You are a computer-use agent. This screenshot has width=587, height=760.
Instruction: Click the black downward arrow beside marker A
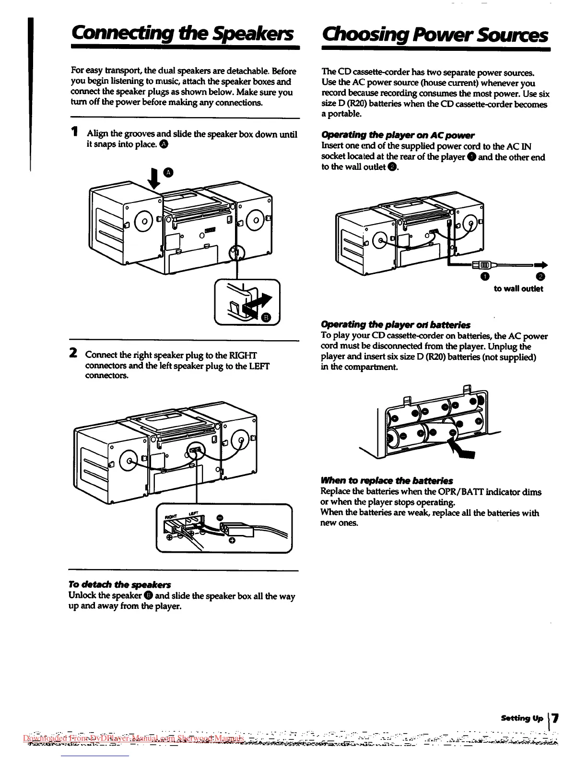point(154,178)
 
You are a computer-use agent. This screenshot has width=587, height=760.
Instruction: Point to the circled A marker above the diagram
point(167,172)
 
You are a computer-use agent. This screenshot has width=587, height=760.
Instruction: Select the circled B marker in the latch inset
point(267,317)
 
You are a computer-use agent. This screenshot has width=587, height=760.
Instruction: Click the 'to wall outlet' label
point(518,289)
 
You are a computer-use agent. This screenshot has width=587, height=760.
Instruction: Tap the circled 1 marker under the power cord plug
point(485,276)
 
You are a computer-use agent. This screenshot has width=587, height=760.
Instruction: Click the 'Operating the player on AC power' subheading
point(398,135)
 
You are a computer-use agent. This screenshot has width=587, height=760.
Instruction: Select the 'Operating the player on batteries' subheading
point(396,325)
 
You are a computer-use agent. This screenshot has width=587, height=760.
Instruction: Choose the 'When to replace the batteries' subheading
point(387,481)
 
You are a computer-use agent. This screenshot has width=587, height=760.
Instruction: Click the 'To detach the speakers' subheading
point(119,584)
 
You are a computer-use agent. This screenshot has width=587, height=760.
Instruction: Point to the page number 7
point(555,718)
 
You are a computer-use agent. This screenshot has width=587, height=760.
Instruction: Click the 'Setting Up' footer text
point(522,718)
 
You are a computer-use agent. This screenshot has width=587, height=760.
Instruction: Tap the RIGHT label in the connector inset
point(172,517)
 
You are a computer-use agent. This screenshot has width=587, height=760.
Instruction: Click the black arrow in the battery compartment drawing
point(462,451)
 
